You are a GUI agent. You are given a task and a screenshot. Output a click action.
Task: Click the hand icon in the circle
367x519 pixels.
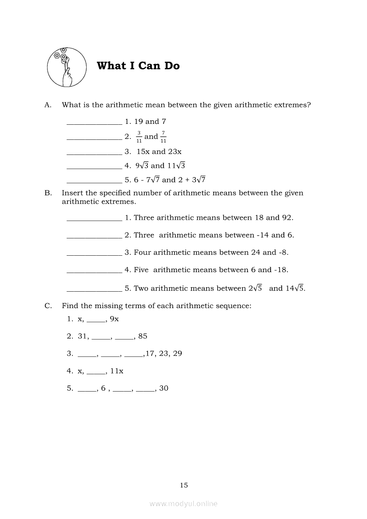(67, 67)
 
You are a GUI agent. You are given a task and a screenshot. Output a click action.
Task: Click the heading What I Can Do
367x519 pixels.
(138, 66)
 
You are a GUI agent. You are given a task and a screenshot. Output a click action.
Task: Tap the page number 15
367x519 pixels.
(184, 485)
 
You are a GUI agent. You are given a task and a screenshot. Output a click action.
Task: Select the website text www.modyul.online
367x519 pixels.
(183, 503)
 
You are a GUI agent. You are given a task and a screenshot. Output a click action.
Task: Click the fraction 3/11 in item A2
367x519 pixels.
(139, 137)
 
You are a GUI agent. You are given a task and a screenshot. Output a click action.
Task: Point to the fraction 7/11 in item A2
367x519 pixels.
(164, 137)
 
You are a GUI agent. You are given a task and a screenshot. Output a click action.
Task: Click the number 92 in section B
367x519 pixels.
(286, 218)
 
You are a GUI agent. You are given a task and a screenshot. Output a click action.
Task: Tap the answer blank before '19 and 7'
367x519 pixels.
(94, 124)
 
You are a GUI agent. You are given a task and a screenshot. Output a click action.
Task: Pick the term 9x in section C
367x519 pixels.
(114, 319)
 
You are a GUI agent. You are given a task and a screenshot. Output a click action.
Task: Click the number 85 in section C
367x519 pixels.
(143, 336)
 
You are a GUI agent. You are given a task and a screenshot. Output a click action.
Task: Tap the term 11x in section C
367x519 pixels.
(117, 371)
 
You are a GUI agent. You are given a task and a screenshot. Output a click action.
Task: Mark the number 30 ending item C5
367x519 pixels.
(164, 388)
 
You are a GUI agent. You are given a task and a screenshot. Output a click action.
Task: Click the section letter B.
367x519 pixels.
(48, 193)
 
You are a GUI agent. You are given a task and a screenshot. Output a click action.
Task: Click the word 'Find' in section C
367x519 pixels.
(70, 306)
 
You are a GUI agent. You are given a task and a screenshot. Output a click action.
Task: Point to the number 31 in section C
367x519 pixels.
(83, 336)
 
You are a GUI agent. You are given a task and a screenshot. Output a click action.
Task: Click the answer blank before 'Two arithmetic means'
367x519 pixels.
(94, 291)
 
